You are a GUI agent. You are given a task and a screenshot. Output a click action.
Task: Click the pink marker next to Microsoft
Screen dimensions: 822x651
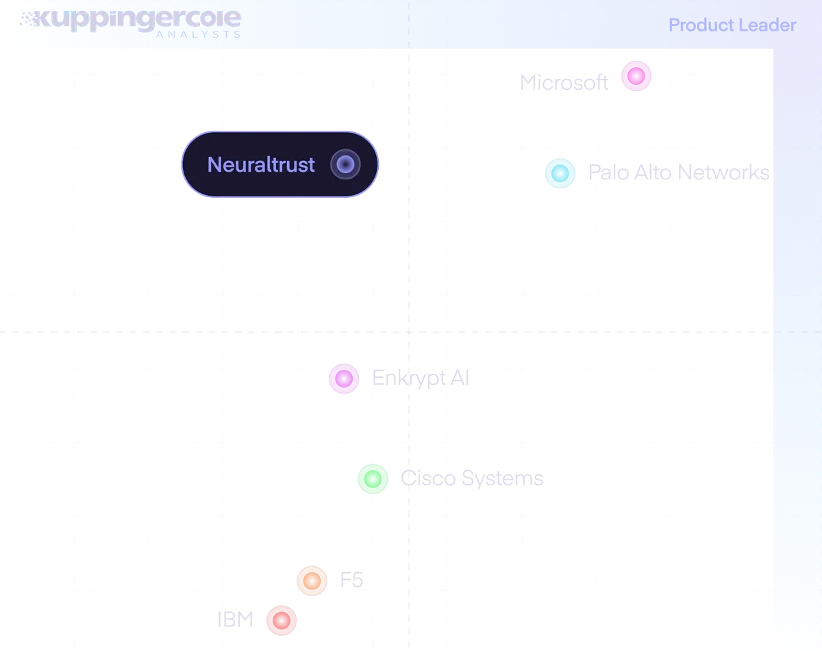(636, 76)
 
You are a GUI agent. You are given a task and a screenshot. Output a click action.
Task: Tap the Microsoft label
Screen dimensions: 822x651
(564, 82)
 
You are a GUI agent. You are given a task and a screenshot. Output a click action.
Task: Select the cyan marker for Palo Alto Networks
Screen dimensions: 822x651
(560, 173)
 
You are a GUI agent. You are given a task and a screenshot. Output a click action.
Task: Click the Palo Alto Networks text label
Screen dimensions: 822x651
(678, 173)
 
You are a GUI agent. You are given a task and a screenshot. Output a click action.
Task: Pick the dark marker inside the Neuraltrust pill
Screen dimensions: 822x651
(345, 164)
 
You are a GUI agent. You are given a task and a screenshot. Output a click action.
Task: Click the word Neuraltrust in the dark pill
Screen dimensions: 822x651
(261, 164)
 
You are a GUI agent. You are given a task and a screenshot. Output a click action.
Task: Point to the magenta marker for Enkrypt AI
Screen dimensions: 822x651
(344, 379)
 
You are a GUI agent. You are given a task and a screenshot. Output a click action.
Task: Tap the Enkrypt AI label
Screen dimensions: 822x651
(421, 379)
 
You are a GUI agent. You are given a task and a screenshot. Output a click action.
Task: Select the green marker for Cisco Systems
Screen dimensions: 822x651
(373, 478)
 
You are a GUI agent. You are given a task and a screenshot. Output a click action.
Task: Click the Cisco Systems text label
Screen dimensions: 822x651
(472, 478)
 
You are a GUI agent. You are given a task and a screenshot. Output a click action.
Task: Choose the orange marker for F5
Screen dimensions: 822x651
(312, 580)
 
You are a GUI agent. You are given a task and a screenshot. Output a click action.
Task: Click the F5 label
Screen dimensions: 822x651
(351, 580)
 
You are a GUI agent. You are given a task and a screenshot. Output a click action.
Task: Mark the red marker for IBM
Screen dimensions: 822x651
(282, 620)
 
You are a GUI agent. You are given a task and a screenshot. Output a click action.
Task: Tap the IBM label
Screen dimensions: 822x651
(235, 620)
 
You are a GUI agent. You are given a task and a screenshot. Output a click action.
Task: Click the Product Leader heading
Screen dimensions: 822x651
(732, 25)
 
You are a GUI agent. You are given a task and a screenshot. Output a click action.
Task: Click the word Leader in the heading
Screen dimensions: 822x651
(767, 25)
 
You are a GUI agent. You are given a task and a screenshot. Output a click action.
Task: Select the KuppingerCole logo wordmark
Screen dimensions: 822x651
(131, 21)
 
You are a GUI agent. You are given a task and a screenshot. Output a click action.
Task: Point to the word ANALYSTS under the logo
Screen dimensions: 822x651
(198, 34)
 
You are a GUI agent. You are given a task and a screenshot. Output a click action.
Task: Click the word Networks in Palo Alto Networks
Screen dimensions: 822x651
(723, 173)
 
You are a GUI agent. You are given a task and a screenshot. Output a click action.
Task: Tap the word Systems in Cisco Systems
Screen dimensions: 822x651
(502, 478)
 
